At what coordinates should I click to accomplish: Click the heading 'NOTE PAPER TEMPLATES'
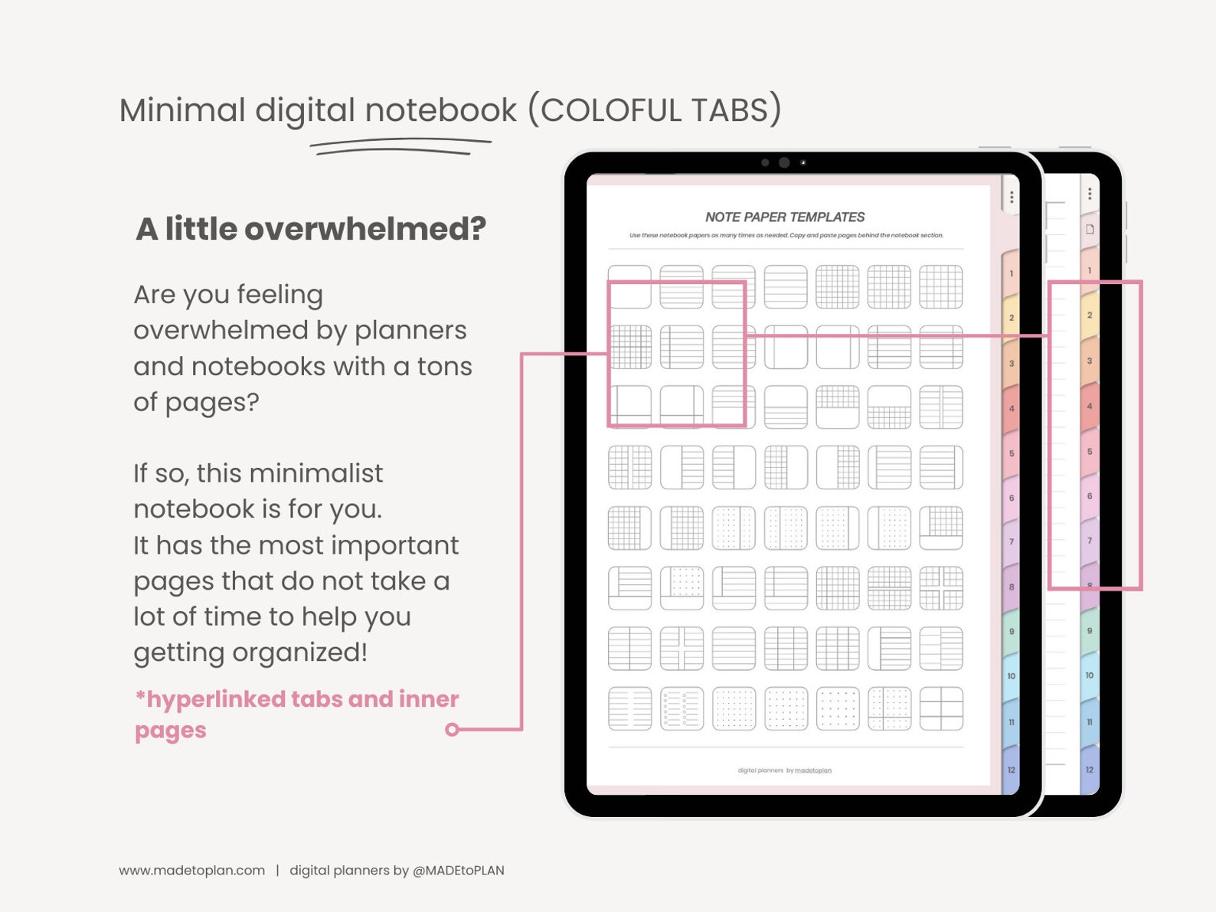(x=785, y=217)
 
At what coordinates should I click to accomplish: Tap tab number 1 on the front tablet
(x=1011, y=274)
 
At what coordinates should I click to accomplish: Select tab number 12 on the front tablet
(x=1011, y=770)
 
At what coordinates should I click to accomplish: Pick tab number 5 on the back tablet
(x=1089, y=452)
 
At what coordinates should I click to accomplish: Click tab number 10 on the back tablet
(x=1089, y=675)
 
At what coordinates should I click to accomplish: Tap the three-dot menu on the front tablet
(x=1012, y=198)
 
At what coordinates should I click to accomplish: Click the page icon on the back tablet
(x=1090, y=229)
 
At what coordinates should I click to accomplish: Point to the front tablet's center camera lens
(x=784, y=162)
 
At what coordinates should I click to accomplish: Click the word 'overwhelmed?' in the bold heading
(x=364, y=229)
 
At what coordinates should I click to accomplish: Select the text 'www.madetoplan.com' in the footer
(x=191, y=871)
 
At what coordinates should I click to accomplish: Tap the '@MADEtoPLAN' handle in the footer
(x=458, y=871)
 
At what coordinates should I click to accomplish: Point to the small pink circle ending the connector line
(x=452, y=729)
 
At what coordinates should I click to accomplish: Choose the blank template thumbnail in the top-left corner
(x=629, y=287)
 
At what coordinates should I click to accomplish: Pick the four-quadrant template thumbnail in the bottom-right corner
(x=940, y=708)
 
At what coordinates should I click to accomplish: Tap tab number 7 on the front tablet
(x=1011, y=542)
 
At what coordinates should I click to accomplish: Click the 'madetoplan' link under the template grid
(x=812, y=770)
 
